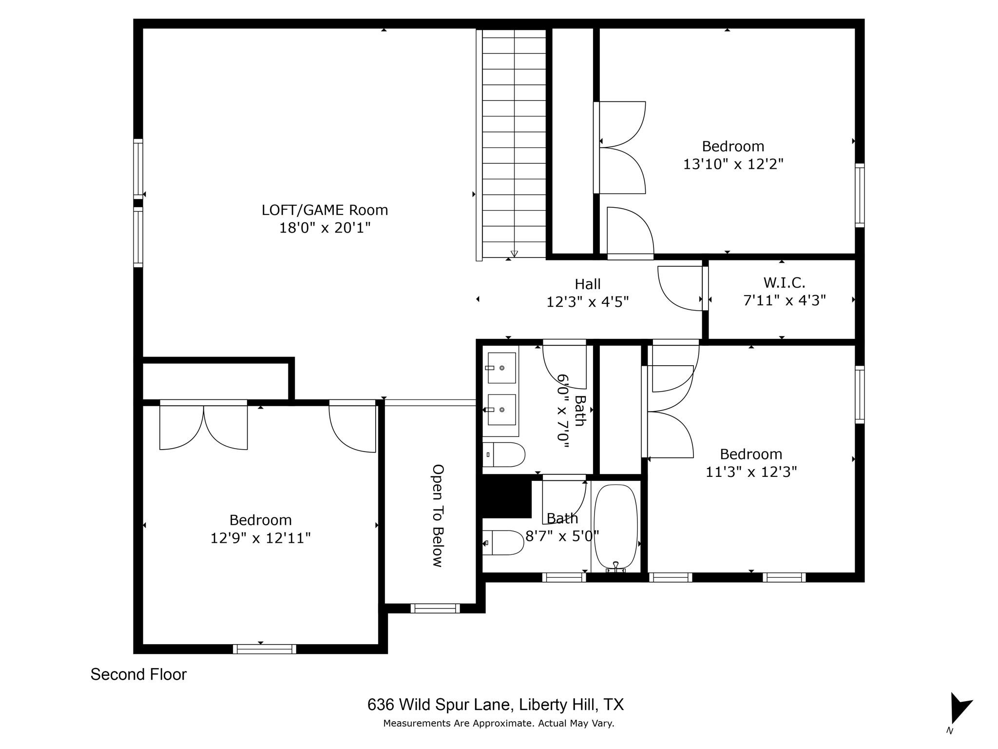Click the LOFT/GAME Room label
(x=325, y=210)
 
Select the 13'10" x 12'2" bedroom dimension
(x=732, y=164)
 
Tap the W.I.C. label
(x=784, y=282)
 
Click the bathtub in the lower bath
(x=615, y=527)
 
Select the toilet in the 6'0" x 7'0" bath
(x=504, y=455)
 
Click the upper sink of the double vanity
(x=502, y=368)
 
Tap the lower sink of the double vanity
(x=502, y=410)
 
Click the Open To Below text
(x=438, y=515)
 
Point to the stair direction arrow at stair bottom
(x=514, y=254)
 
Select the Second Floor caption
(x=138, y=674)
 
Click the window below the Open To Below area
(x=435, y=608)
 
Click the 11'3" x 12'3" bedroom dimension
(x=751, y=472)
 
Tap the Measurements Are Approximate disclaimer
(x=499, y=723)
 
